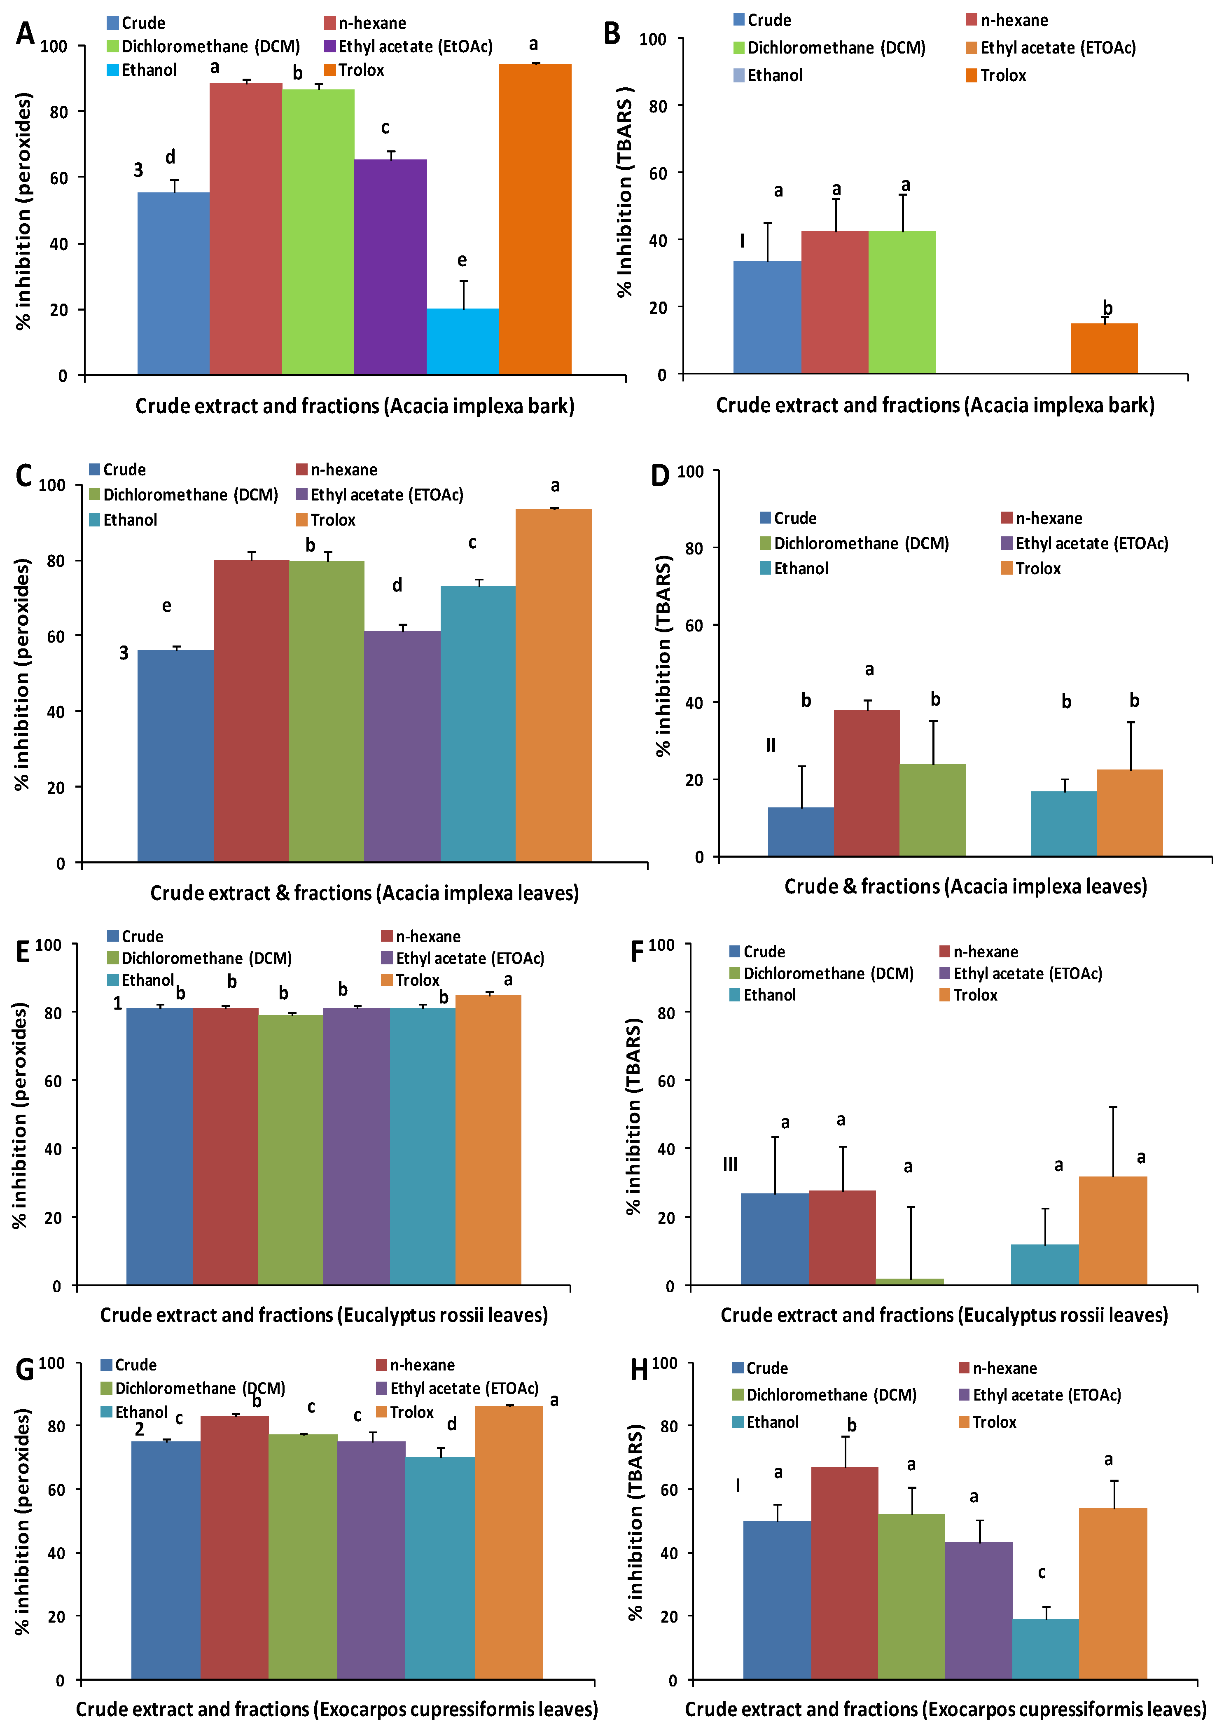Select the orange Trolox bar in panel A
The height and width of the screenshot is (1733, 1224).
click(535, 219)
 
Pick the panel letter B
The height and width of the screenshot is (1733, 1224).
click(612, 34)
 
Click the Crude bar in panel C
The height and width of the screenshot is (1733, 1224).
click(175, 755)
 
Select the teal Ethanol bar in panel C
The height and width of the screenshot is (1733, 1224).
click(478, 723)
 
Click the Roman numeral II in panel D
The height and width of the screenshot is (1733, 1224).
click(771, 745)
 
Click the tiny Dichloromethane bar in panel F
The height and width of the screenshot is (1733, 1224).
click(909, 1281)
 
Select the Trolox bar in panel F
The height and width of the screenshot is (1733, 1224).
click(1112, 1230)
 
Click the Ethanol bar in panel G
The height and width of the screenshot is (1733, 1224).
click(440, 1568)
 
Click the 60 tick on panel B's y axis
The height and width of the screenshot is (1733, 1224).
click(657, 173)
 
